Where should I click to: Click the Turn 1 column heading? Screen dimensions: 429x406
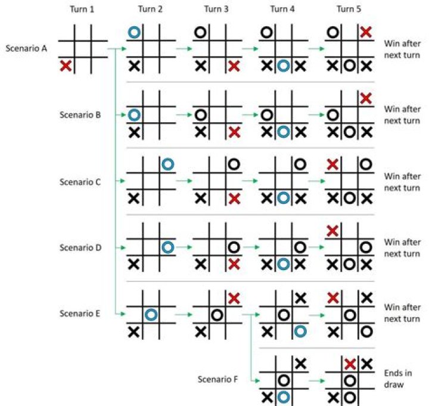82,10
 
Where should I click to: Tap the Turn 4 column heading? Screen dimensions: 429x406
282,10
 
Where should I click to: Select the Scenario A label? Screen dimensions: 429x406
26,48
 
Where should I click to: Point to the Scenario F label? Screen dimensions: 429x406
217,379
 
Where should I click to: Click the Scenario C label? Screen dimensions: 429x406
80,182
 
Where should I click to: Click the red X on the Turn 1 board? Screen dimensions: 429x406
66,66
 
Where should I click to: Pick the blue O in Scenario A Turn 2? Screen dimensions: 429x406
134,32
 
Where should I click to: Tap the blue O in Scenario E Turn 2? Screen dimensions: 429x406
151,315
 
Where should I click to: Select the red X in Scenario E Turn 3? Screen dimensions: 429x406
234,298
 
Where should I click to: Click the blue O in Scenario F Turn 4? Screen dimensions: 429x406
284,397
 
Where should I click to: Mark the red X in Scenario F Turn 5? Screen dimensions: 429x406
350,364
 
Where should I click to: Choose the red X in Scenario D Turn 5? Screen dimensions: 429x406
332,231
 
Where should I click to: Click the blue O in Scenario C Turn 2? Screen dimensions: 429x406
167,165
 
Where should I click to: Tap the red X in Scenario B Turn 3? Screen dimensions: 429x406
234,132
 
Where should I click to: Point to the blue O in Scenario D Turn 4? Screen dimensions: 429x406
284,264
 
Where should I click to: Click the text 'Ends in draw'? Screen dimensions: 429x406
398,379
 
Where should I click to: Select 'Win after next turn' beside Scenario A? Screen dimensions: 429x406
402,49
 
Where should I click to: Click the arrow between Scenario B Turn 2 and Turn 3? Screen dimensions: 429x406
184,114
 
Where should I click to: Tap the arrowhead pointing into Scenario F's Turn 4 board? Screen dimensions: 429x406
257,380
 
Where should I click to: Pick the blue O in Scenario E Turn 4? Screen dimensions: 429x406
300,331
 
